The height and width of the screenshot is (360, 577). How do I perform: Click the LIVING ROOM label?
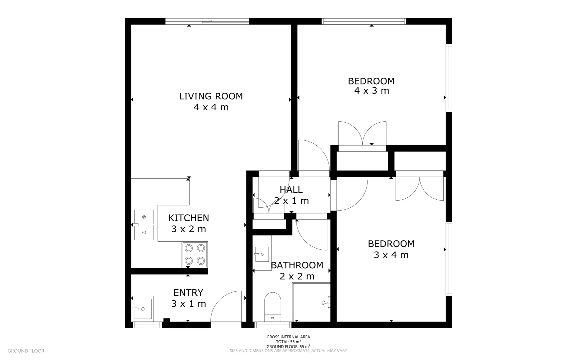click(x=211, y=96)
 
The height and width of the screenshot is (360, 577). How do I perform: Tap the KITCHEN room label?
click(x=188, y=218)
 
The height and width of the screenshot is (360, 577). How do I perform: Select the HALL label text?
click(x=291, y=189)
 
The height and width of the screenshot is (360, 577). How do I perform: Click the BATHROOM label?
click(x=297, y=265)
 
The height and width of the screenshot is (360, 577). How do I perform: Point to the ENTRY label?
click(x=188, y=292)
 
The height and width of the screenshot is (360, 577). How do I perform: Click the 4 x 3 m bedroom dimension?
click(x=372, y=91)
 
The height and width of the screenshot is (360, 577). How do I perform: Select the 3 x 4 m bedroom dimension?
click(x=391, y=255)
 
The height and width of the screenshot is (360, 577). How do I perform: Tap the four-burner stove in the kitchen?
click(x=195, y=254)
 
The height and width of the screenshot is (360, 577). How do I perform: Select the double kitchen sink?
click(x=144, y=225)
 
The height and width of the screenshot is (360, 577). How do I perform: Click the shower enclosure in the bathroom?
click(x=311, y=302)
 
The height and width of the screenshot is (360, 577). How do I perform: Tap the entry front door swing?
click(x=226, y=307)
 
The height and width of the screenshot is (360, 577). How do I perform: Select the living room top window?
click(x=207, y=21)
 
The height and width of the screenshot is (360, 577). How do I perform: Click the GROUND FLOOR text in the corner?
click(x=26, y=351)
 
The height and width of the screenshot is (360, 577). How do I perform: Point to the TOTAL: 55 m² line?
click(x=288, y=342)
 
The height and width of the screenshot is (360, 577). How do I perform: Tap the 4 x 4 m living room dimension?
click(x=211, y=107)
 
